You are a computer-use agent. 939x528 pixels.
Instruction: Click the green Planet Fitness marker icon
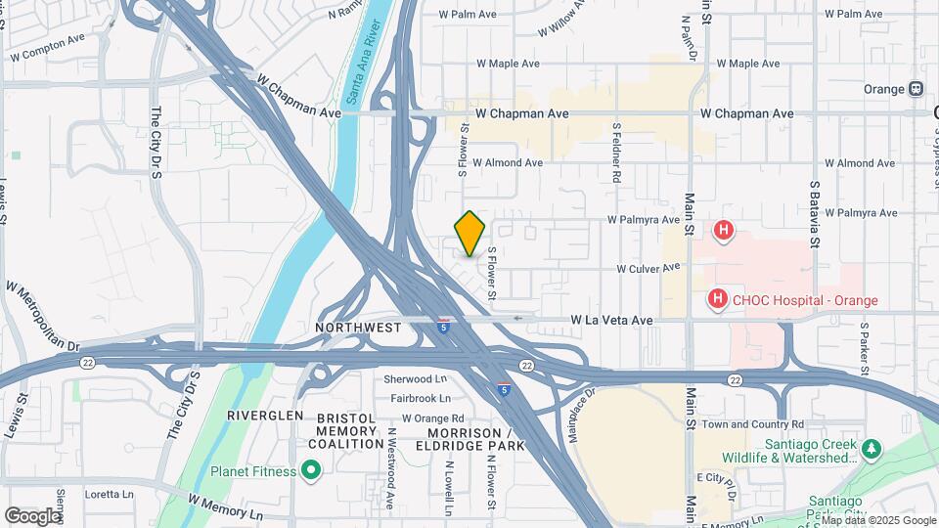311,471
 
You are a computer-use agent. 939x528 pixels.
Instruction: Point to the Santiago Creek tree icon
872,449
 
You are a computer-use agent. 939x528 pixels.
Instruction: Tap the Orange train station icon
916,89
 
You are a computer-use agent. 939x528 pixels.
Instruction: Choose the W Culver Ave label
648,268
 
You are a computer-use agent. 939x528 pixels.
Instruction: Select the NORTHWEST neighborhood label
358,328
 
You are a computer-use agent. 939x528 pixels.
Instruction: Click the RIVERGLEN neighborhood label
260,416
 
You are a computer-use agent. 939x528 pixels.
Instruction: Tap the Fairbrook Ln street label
421,398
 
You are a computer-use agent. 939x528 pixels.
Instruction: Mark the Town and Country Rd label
752,424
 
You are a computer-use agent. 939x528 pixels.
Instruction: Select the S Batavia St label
814,205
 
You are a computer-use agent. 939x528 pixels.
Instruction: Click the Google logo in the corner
32,515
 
